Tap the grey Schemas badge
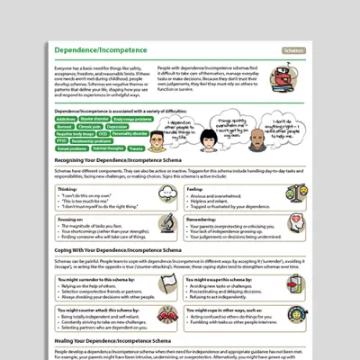(x=293, y=52)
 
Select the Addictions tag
(x=66, y=119)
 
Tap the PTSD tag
(x=61, y=140)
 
